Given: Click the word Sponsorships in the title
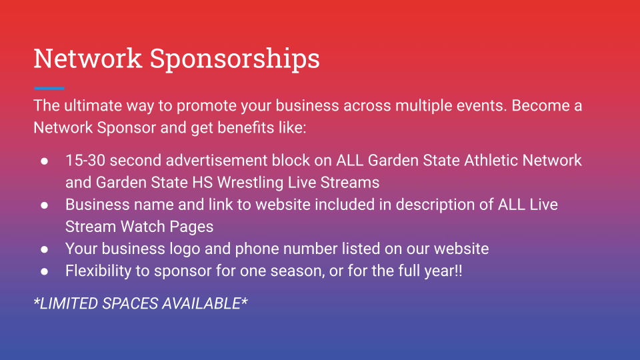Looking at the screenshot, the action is click(x=235, y=59).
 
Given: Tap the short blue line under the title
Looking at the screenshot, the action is click(x=49, y=88).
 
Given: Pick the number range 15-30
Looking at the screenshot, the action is click(x=85, y=161).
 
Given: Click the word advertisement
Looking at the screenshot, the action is click(x=216, y=161).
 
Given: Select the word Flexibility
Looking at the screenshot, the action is click(x=98, y=271).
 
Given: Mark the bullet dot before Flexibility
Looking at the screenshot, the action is click(x=44, y=271).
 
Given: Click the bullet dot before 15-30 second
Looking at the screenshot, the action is click(x=44, y=161).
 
